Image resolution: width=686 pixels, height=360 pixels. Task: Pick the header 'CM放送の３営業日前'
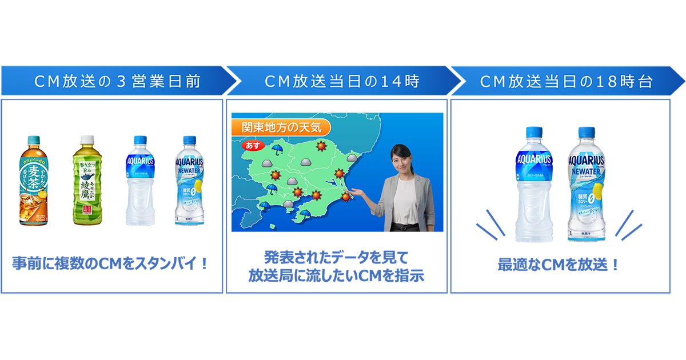click(x=117, y=82)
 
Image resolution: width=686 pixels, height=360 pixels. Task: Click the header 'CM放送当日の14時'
click(x=342, y=82)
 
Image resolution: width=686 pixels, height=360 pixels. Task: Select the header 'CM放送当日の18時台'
click(x=566, y=82)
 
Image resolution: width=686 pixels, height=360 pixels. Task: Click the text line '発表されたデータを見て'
click(x=336, y=257)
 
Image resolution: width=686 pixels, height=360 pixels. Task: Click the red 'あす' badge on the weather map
click(x=253, y=145)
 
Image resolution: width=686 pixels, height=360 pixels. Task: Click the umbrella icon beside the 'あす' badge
click(x=278, y=150)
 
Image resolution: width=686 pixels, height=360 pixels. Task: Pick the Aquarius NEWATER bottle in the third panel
click(x=585, y=186)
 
